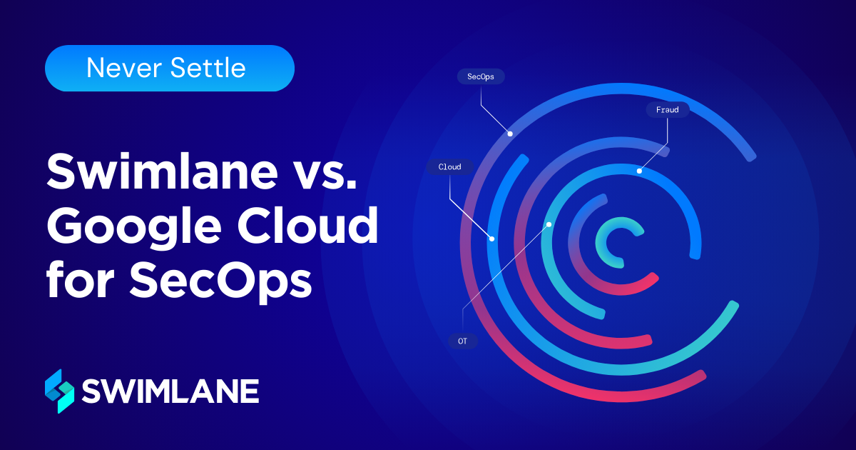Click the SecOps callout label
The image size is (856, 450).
tap(480, 76)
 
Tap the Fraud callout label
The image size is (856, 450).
tap(668, 110)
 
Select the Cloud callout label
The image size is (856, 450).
tap(449, 167)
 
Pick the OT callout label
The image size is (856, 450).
tap(462, 341)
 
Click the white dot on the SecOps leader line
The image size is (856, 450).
tap(509, 134)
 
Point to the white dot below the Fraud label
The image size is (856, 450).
tap(639, 171)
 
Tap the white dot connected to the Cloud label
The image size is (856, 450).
tap(491, 239)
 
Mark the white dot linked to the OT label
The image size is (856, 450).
tap(549, 224)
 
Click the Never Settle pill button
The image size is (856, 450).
tap(170, 69)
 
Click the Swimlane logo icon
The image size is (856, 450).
tap(59, 391)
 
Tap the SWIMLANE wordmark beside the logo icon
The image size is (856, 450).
tap(170, 391)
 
